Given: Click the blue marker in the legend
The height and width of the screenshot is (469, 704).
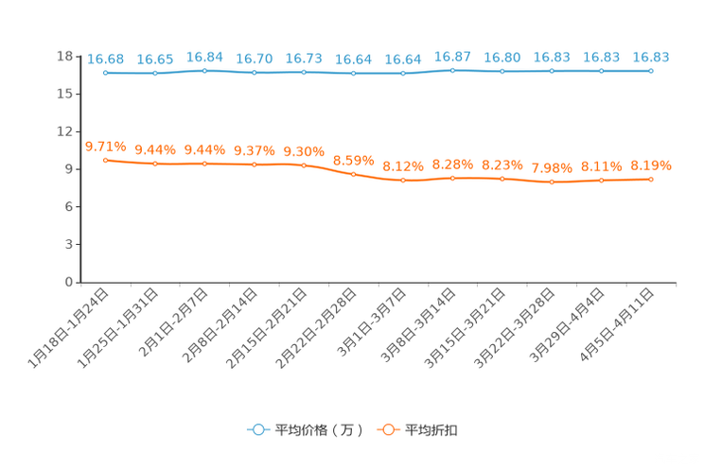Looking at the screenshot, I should [256, 429].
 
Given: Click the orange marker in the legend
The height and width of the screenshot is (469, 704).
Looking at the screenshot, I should [386, 429].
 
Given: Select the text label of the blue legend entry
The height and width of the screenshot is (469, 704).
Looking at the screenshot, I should [319, 430].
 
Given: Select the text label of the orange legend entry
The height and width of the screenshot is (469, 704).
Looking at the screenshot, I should [431, 430].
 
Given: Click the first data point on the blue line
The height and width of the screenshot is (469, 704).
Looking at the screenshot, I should [105, 72].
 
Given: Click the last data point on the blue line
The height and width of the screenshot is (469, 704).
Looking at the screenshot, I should [651, 70].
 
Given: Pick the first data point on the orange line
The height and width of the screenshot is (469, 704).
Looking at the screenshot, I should [105, 160].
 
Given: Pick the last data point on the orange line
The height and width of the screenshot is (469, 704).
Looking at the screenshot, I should [651, 179].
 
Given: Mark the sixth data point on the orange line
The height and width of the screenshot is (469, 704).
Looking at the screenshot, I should [353, 174].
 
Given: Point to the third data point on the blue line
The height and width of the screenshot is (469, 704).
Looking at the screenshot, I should [204, 71].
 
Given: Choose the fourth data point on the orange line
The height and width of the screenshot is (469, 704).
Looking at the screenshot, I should [254, 165].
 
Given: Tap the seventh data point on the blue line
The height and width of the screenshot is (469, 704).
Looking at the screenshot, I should [403, 73].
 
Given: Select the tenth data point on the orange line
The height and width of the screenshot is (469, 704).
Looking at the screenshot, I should [552, 182].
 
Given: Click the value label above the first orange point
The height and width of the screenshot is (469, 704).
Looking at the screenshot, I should [105, 147].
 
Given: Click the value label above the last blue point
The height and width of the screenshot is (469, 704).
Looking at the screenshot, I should [651, 58].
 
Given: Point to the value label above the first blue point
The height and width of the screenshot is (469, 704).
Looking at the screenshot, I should [105, 59].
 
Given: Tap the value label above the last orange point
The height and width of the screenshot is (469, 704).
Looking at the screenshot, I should [651, 165].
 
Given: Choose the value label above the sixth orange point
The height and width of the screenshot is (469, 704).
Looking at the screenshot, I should [353, 161].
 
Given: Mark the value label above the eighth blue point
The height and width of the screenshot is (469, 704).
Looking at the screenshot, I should [452, 57].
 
